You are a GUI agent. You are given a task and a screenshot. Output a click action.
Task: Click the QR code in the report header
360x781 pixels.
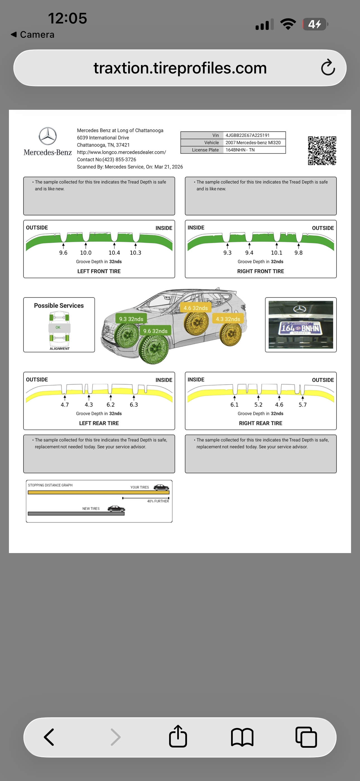point(322,151)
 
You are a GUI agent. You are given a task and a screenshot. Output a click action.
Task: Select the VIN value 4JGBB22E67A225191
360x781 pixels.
point(247,135)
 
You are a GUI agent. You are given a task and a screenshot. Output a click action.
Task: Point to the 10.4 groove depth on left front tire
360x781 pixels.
point(114,253)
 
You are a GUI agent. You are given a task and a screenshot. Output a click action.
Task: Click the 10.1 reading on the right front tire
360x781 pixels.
point(276,253)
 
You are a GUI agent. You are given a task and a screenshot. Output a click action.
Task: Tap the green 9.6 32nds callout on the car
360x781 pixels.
point(155,331)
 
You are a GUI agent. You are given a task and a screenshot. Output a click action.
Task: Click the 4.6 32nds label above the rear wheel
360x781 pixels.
point(195,308)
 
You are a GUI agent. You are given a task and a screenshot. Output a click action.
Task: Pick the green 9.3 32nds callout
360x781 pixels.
point(131,319)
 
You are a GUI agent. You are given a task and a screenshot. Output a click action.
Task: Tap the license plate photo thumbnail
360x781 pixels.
point(301,325)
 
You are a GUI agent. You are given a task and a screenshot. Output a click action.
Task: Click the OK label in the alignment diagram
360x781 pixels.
point(58,327)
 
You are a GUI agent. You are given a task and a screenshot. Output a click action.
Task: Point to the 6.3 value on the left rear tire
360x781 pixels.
point(134,405)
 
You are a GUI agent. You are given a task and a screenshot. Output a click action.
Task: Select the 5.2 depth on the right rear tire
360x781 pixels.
point(258,405)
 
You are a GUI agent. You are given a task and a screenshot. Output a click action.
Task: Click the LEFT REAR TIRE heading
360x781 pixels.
point(99,423)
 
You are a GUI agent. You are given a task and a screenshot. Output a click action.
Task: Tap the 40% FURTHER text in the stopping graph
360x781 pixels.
point(158,501)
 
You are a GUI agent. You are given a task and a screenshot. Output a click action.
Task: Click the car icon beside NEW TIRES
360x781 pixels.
point(116,508)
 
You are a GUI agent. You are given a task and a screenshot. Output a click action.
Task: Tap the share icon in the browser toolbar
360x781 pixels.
point(178,737)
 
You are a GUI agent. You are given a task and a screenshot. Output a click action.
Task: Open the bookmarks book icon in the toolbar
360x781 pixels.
point(242,737)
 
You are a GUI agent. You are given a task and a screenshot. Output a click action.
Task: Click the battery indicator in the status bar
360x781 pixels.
point(315,24)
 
